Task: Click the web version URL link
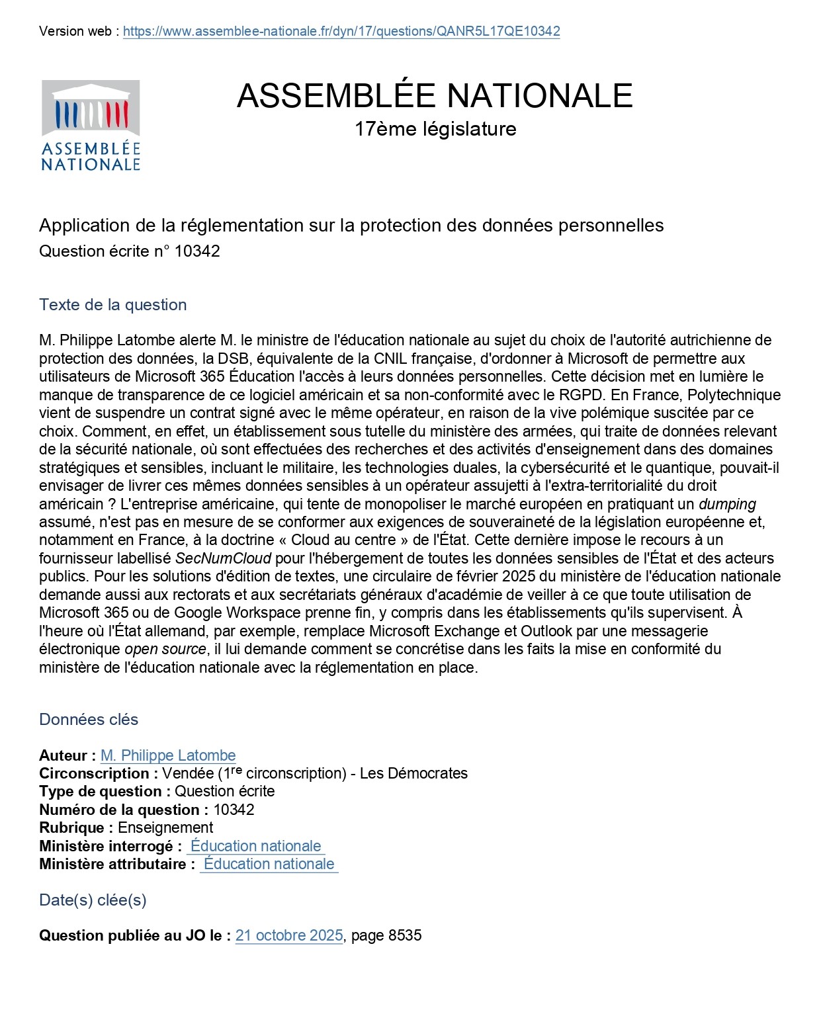coord(341,31)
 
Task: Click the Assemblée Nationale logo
coord(91,125)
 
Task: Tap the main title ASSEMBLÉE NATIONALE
coord(435,95)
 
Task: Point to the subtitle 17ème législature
coord(435,128)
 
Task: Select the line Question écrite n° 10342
coord(130,251)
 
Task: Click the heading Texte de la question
coord(113,305)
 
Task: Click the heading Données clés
coord(89,720)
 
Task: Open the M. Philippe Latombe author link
coord(168,755)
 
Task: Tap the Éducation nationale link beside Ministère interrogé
coord(255,846)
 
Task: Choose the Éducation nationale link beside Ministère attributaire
coord(269,864)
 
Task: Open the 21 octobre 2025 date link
coord(289,935)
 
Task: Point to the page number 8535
coord(405,935)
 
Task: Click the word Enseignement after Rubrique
coord(165,827)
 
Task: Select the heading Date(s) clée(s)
coord(93,900)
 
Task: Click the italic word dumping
coord(727,504)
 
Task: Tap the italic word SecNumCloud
coord(224,558)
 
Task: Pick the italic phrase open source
coord(165,649)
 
